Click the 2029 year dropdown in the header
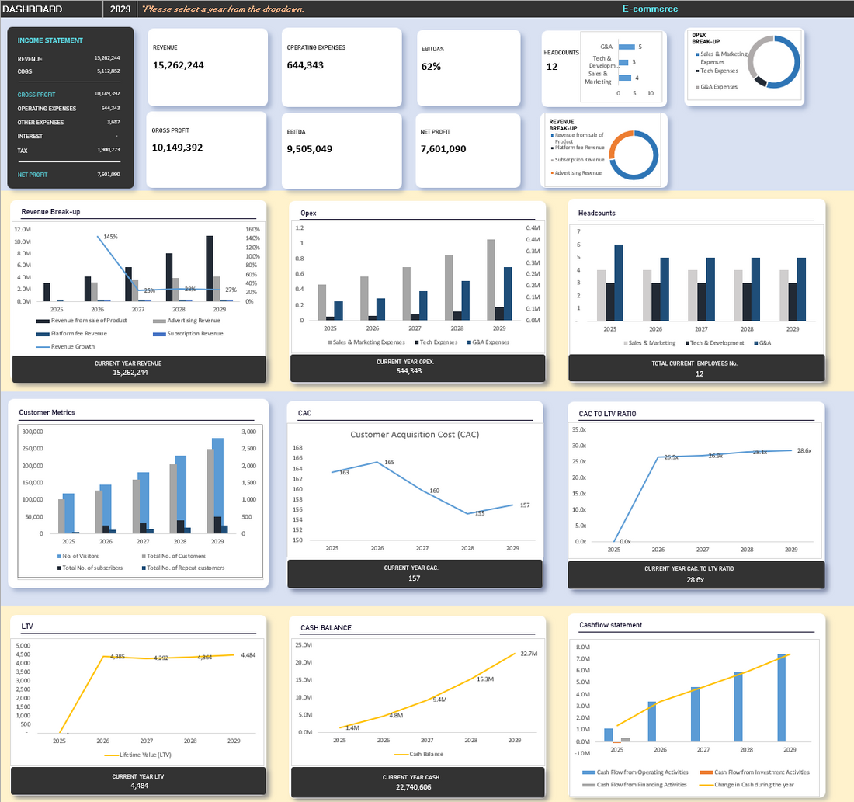coord(120,9)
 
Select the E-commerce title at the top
coord(650,9)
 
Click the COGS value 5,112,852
coord(107,71)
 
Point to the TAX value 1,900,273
coord(107,151)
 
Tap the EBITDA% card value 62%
coord(432,67)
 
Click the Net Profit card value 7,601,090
coord(443,148)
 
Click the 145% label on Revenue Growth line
coord(109,236)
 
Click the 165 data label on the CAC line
coord(389,463)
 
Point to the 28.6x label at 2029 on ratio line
coord(804,450)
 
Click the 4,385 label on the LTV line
coord(118,656)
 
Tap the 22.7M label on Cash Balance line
coord(529,654)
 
